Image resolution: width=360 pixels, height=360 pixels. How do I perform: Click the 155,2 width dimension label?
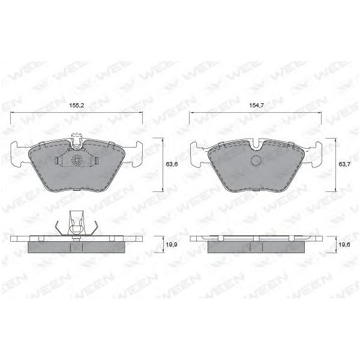[76, 106]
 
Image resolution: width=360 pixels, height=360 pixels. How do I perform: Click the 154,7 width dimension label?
[256, 106]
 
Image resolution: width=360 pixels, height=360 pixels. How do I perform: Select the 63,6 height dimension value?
[172, 164]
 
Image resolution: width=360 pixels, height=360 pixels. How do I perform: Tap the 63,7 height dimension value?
[344, 164]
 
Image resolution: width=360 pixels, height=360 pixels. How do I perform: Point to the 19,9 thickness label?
[172, 245]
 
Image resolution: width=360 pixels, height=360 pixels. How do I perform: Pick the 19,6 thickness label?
[344, 245]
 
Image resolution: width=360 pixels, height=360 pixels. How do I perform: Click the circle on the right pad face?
[256, 160]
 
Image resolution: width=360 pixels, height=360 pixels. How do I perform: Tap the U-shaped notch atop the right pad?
[256, 144]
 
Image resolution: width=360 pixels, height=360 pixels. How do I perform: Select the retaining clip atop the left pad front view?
[76, 140]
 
